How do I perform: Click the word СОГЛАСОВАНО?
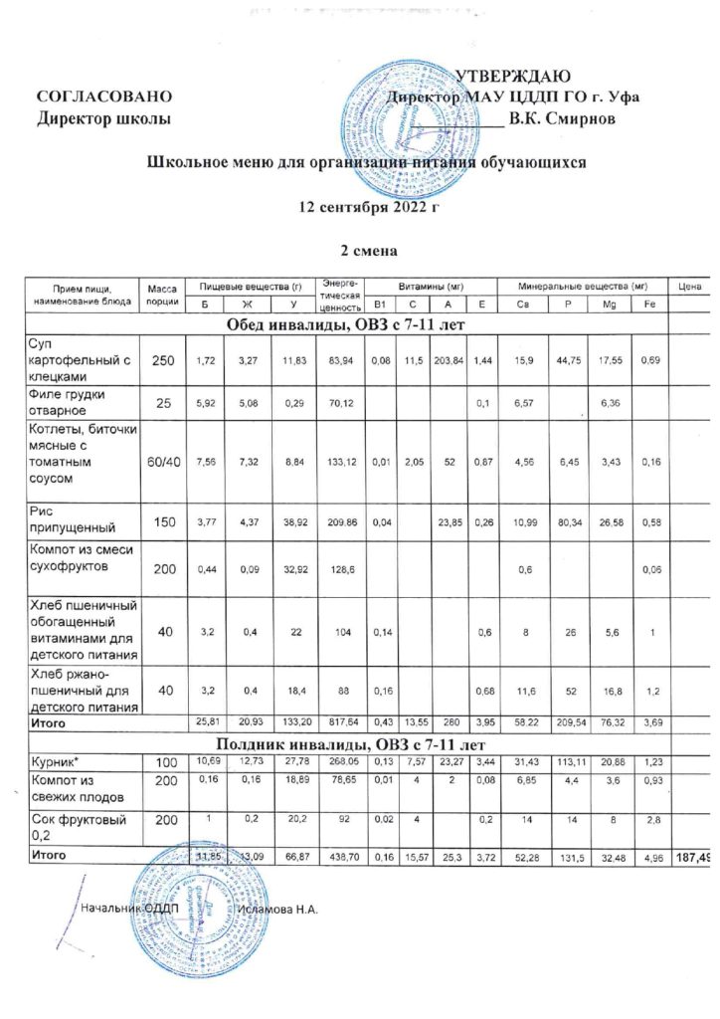[x=104, y=98]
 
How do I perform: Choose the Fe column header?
[x=647, y=304]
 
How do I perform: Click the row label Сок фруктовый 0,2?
[x=71, y=827]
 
